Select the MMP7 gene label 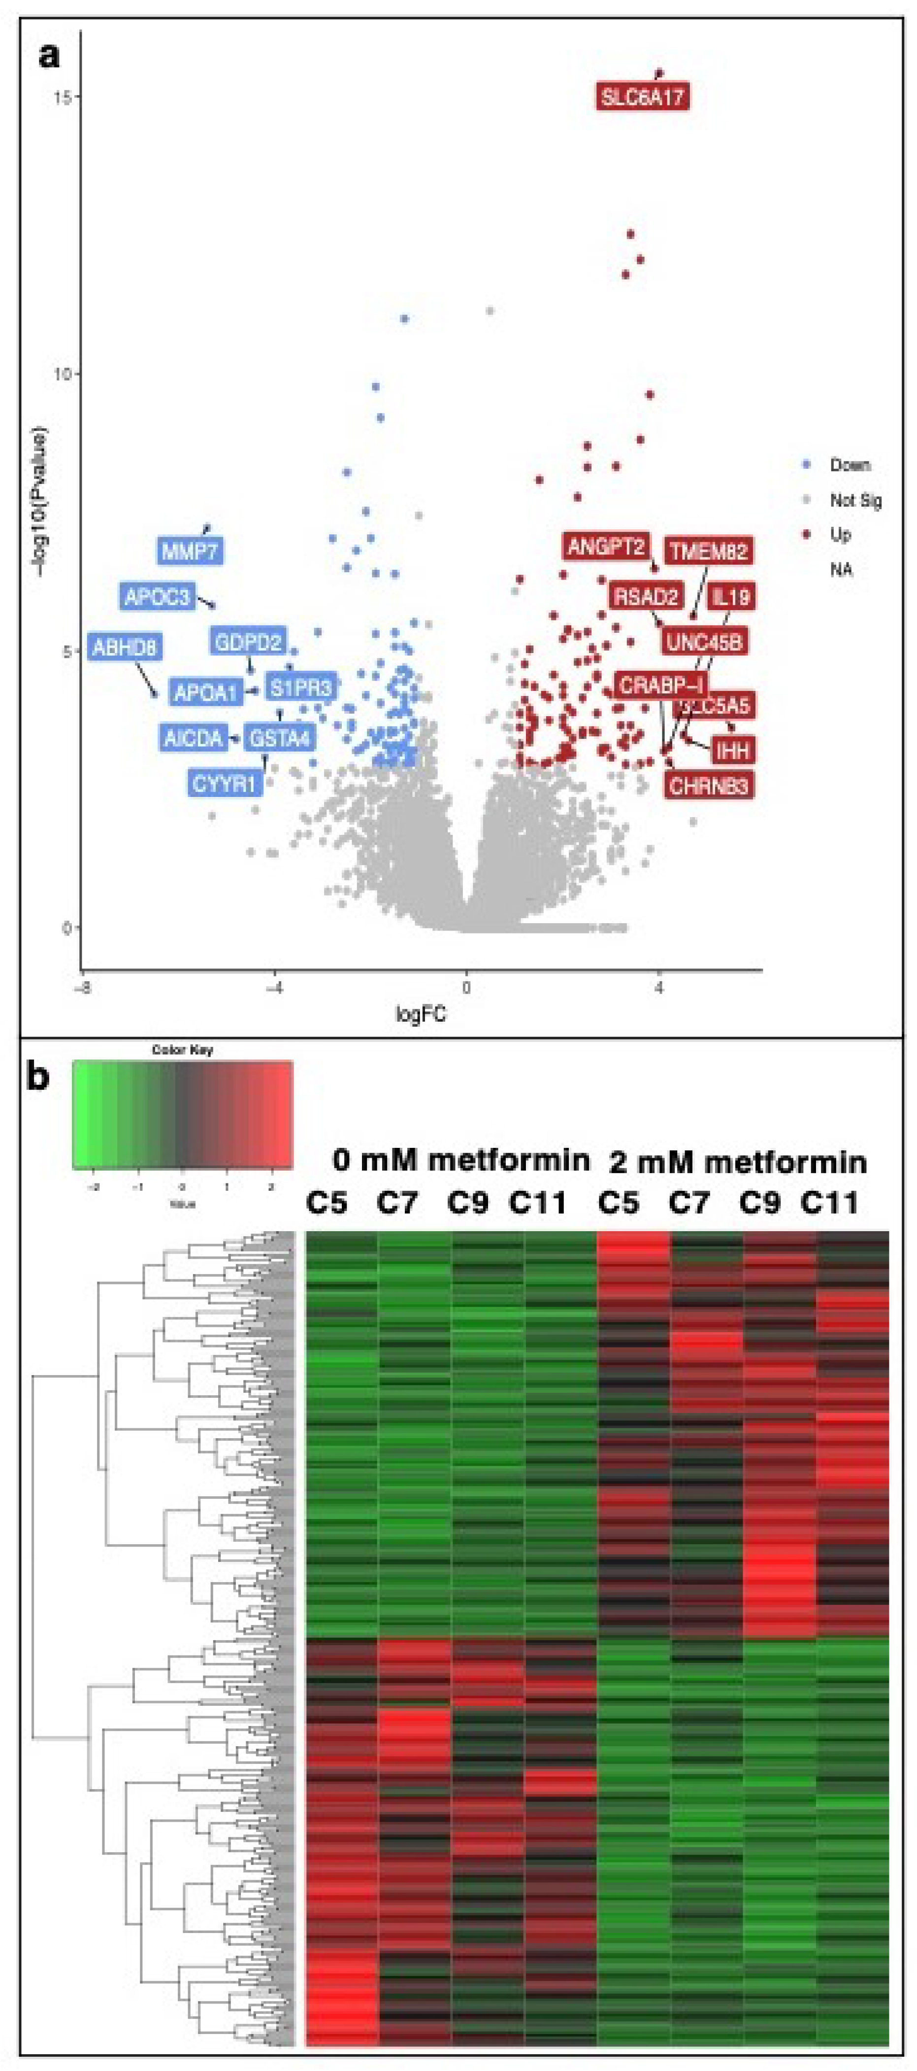[x=190, y=552]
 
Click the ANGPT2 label [x=606, y=548]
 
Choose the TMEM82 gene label [x=709, y=552]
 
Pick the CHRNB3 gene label [x=709, y=786]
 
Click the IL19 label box [x=730, y=596]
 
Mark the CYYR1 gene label [x=224, y=782]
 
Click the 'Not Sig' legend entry [x=855, y=500]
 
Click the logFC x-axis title [x=420, y=1014]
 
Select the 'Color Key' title [x=182, y=1050]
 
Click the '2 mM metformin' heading [x=738, y=1163]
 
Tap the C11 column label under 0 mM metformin [x=538, y=1203]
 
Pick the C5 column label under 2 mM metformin [x=619, y=1203]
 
